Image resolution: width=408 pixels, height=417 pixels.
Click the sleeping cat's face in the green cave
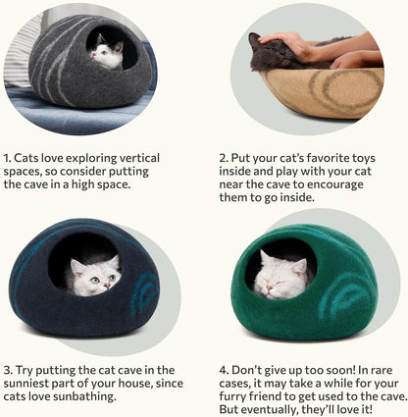(282, 273)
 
